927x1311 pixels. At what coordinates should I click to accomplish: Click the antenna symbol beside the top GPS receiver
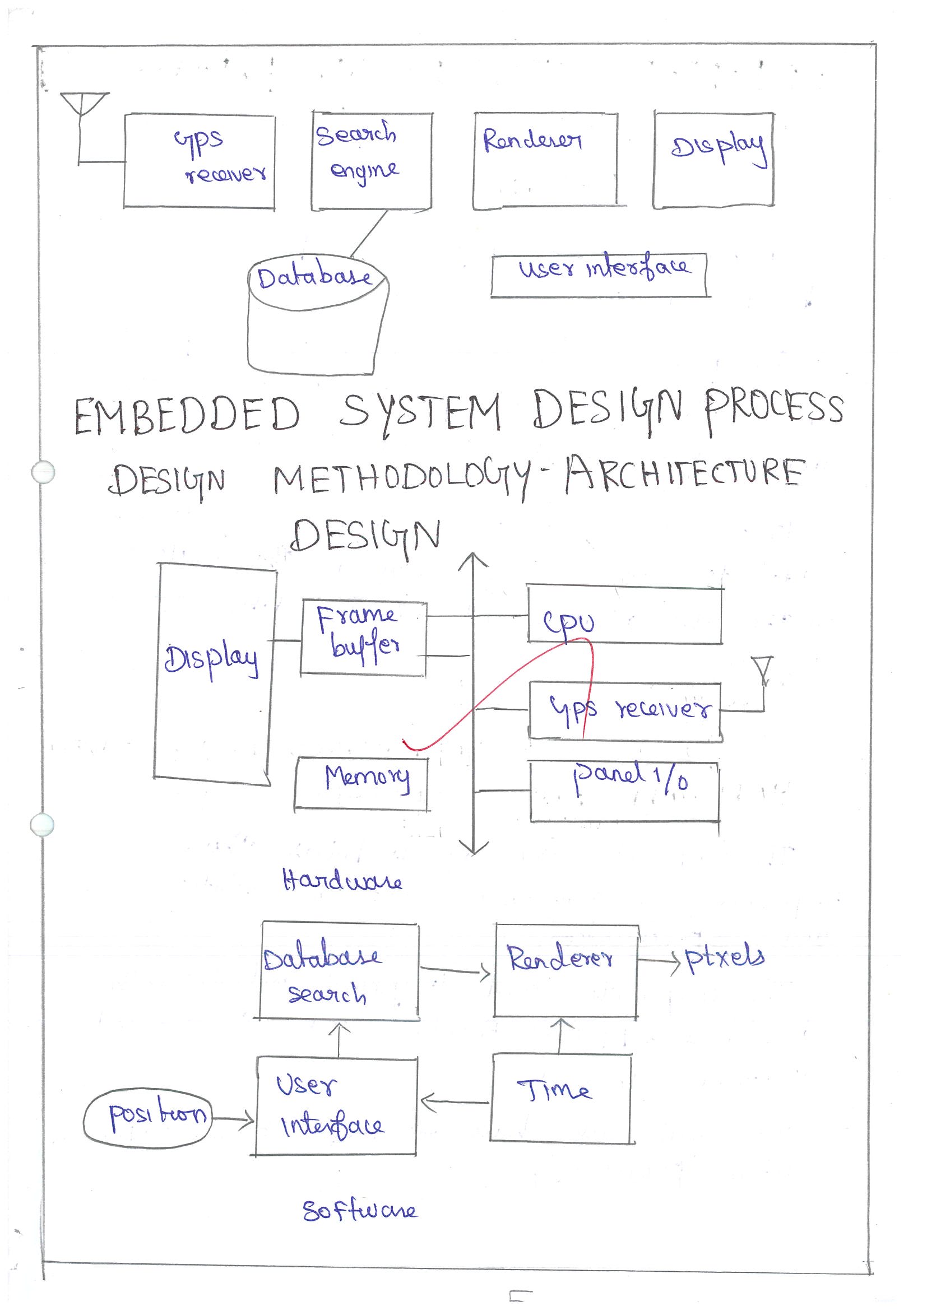84,105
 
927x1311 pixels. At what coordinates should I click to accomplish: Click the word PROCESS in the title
773,409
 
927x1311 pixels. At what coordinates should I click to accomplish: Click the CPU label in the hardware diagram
568,622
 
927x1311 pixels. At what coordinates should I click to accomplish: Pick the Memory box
362,782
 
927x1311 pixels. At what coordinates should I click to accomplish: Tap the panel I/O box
624,791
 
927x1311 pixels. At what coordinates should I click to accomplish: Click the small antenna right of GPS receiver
762,672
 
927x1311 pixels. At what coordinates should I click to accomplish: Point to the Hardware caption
342,880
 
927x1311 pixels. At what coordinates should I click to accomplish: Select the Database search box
339,973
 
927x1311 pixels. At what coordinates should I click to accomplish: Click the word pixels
724,957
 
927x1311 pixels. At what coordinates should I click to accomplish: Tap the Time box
562,1097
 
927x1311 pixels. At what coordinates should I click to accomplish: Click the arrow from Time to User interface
455,1102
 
